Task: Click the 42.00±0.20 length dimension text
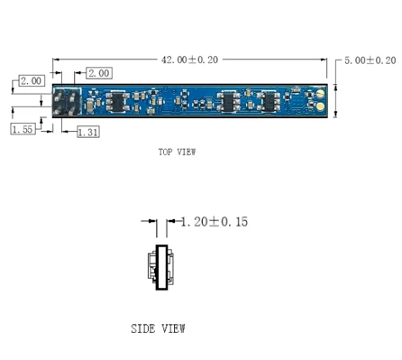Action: (x=189, y=60)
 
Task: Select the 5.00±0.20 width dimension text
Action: (x=370, y=60)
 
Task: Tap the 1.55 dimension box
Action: (x=23, y=130)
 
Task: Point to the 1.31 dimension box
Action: (x=87, y=133)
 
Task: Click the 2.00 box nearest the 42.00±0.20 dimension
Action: (x=98, y=72)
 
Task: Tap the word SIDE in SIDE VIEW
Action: (x=144, y=328)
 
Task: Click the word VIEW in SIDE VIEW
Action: (x=173, y=328)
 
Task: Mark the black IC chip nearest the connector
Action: (x=118, y=100)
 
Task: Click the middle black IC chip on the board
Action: (x=230, y=101)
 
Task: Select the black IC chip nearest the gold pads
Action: (x=270, y=101)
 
